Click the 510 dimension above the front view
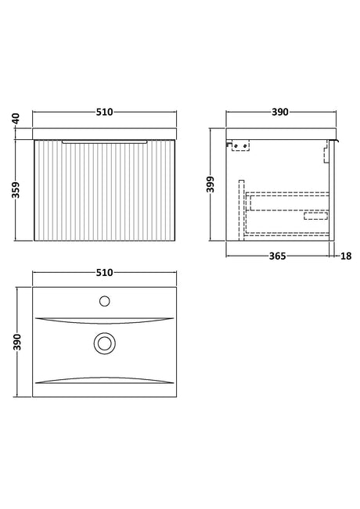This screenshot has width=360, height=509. coord(104,112)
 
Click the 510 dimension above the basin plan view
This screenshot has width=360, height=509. coord(104,272)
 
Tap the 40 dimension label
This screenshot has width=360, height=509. coord(16,119)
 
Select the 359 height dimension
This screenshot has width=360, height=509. coord(16,190)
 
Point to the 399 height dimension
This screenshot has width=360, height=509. coord(211,185)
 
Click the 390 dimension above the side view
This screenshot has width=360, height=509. coord(279,112)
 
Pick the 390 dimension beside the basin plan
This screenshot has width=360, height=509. coord(17,342)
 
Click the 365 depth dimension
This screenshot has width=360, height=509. coord(278,256)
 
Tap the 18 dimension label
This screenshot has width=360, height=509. coord(346,256)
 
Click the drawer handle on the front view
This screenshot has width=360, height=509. coord(104,142)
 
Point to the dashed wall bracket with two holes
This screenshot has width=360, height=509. coord(240,145)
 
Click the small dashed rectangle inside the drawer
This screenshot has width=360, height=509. coord(315,216)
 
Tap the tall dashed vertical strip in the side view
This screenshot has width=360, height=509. coord(241,210)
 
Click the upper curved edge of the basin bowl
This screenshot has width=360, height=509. coord(104,321)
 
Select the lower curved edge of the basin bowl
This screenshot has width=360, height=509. coord(104,380)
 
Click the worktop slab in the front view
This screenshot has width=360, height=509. coord(104,134)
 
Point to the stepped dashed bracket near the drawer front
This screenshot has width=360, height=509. coord(326,152)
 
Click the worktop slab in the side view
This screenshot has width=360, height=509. coord(281,134)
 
